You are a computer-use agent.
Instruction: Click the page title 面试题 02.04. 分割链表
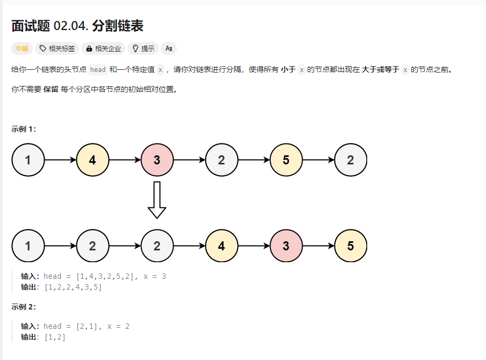click(77, 26)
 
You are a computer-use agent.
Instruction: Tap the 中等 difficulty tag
click(22, 48)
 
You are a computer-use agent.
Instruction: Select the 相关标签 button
click(57, 48)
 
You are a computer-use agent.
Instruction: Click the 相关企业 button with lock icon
click(103, 48)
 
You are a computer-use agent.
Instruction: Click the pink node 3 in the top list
click(157, 160)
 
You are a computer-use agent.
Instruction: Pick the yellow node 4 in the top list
click(92, 160)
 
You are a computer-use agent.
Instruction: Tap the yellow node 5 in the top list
click(286, 160)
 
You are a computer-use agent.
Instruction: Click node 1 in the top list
click(28, 160)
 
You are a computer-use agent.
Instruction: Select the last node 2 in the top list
click(351, 160)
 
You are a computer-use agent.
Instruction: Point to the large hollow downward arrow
click(157, 200)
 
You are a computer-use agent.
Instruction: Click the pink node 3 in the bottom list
click(286, 246)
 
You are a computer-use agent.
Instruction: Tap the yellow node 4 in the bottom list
click(221, 246)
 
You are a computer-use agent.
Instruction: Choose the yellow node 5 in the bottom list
click(351, 246)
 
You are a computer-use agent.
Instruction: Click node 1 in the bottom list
click(28, 246)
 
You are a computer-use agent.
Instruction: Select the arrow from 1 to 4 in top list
click(60, 160)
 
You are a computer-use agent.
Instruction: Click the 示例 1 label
click(23, 129)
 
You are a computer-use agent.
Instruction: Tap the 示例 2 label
click(23, 307)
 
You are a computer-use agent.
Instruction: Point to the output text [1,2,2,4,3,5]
click(73, 287)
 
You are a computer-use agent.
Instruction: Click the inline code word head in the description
click(98, 70)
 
